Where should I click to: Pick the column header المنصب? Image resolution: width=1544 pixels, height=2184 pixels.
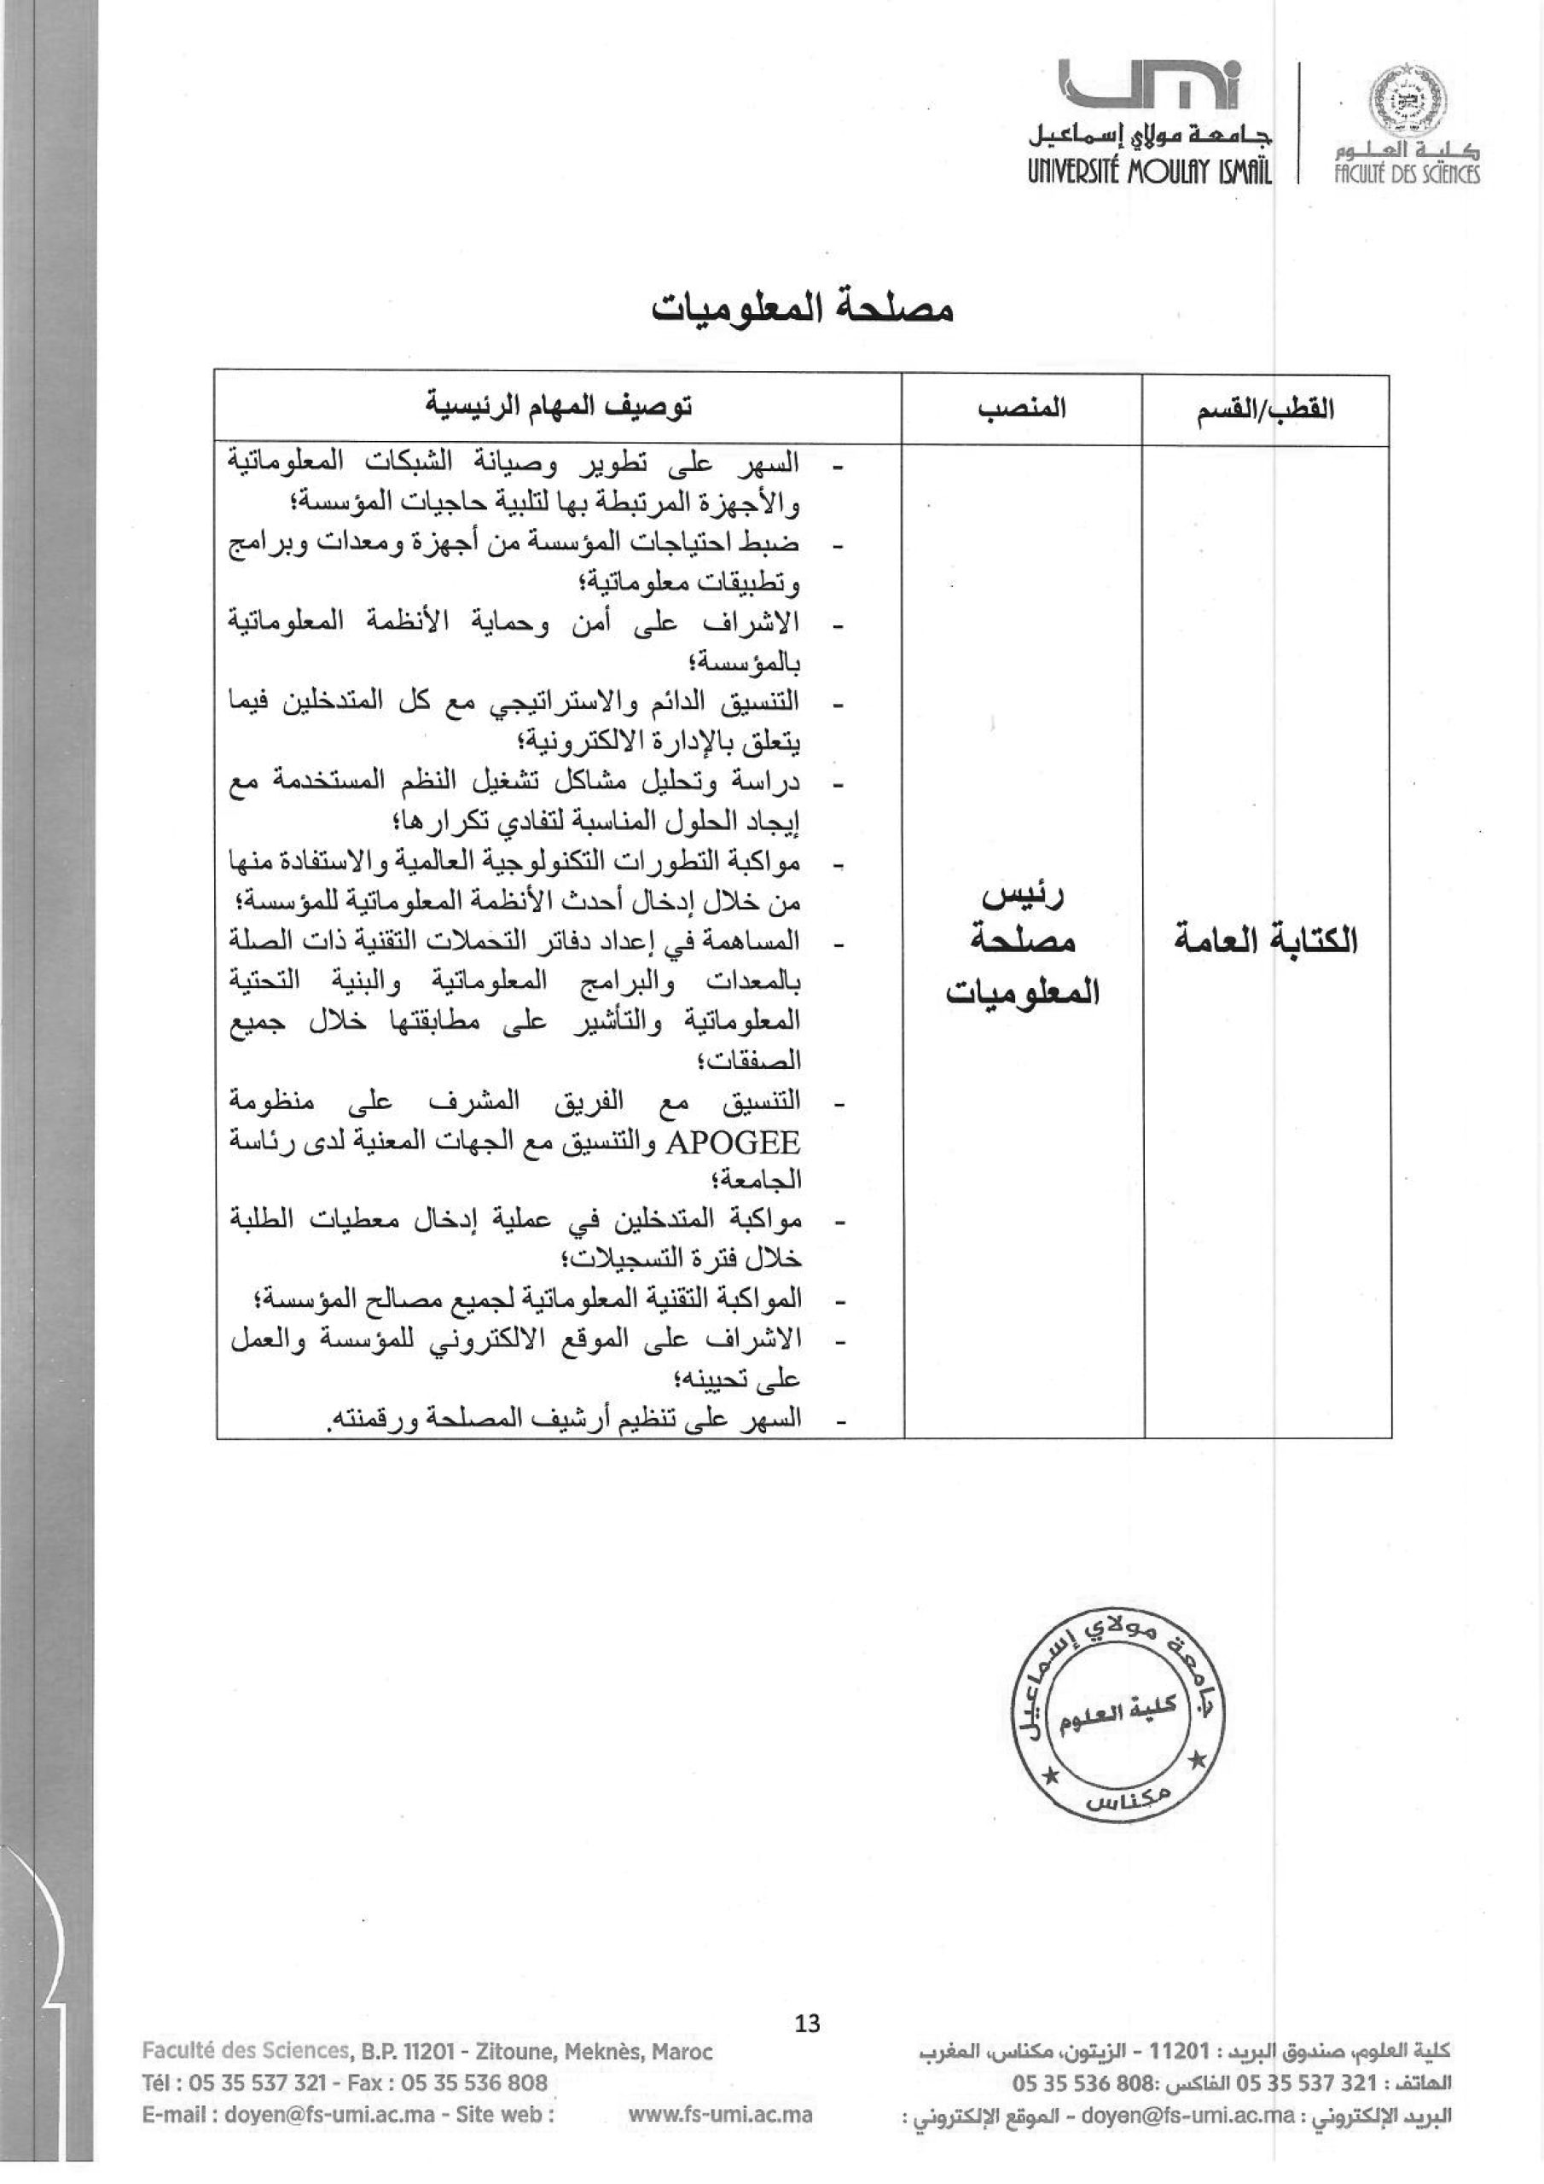coord(1023,410)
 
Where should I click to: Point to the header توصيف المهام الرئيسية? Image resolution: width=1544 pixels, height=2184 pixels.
coord(559,408)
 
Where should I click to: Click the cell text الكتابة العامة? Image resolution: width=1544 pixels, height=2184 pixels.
coord(1269,940)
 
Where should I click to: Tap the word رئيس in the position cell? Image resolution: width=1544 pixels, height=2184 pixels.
coord(1023,896)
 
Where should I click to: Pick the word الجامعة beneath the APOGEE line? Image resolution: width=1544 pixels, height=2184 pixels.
coord(760,1181)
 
